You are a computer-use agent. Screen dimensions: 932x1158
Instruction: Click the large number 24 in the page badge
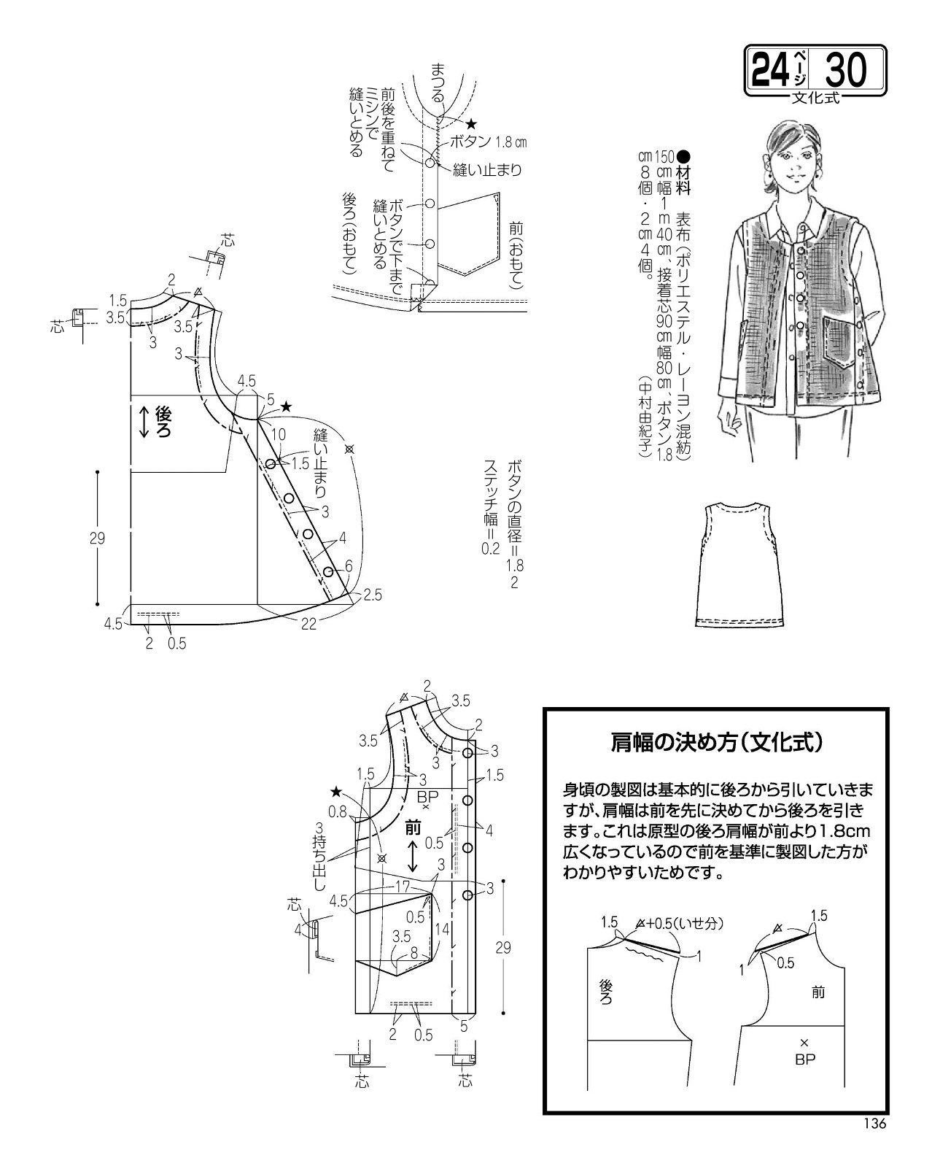pos(771,70)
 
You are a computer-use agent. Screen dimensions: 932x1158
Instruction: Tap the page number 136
pos(875,1123)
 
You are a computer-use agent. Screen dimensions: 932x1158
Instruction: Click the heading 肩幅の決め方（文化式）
pos(717,743)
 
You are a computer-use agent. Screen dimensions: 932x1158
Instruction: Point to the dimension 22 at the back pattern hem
pos(308,624)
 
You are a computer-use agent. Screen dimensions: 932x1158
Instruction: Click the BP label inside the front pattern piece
pos(427,796)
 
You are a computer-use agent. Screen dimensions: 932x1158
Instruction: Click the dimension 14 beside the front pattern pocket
pos(442,929)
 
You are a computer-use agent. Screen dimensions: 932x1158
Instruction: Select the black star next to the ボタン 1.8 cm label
pos(471,124)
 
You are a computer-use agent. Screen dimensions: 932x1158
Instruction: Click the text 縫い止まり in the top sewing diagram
pos(487,171)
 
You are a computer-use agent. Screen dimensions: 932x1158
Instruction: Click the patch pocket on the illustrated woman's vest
pos(839,341)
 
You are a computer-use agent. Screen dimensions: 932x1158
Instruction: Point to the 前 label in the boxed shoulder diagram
pos(818,992)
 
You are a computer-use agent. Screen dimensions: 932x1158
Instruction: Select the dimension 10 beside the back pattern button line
pos(279,434)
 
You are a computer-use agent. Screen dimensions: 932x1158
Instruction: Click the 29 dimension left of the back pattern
pos(97,538)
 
